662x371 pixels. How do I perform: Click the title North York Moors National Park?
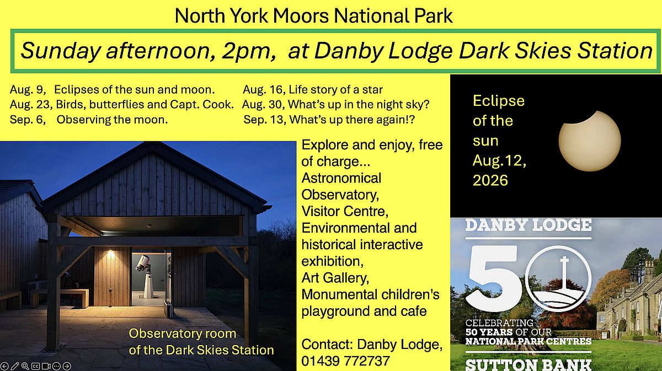point(313,16)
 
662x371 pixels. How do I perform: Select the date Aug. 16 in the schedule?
point(264,90)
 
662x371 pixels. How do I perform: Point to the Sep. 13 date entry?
point(264,120)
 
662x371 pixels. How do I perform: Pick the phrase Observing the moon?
point(112,120)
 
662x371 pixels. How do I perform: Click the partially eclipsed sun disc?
point(589,141)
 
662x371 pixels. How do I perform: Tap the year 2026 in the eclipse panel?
point(490,180)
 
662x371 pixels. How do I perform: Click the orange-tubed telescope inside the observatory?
point(142,262)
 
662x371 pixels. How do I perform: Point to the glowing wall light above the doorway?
point(110,252)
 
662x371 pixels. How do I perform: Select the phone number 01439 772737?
point(345,361)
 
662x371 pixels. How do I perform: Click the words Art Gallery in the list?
point(335,278)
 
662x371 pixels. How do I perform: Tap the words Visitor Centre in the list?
point(345,212)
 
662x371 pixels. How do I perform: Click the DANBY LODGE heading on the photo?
point(528,225)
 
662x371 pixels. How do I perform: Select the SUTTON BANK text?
point(528,364)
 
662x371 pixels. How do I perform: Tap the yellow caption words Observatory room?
point(183,334)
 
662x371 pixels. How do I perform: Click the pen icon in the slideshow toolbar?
point(15,366)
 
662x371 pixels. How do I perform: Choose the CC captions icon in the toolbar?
point(35,366)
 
